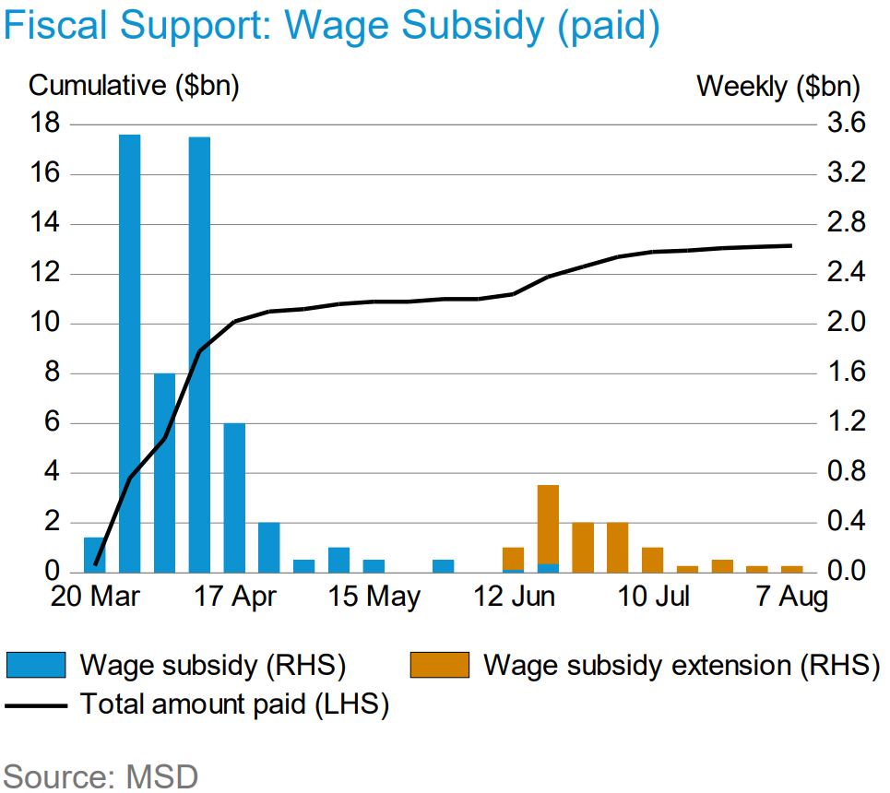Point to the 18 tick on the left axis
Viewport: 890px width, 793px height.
(x=46, y=124)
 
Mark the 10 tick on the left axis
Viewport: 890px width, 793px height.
(x=46, y=323)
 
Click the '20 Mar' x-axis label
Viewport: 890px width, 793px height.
(x=97, y=597)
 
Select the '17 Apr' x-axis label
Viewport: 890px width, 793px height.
(x=236, y=597)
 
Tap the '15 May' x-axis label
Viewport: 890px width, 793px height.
(x=374, y=597)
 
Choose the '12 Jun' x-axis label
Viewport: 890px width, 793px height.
(x=514, y=597)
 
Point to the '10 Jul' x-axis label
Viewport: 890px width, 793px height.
(x=653, y=597)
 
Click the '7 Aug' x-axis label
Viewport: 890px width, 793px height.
(x=791, y=597)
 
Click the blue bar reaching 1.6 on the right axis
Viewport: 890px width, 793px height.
(x=165, y=472)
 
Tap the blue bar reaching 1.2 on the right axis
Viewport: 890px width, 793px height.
(x=234, y=497)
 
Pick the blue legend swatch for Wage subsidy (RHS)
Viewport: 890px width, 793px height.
(x=36, y=665)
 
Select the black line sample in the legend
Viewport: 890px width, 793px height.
(x=36, y=706)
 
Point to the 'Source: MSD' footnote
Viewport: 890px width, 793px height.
(x=101, y=775)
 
